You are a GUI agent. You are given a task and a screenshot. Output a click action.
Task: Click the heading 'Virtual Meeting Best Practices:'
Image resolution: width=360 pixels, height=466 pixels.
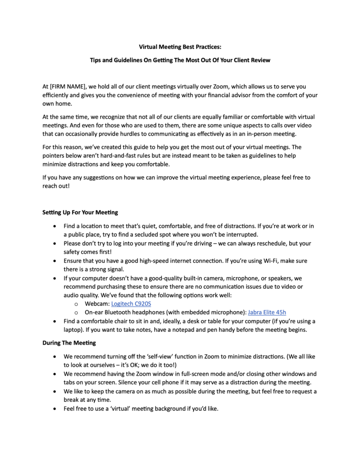[x=180, y=47]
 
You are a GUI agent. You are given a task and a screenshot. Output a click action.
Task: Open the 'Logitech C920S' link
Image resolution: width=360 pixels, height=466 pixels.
[x=131, y=304]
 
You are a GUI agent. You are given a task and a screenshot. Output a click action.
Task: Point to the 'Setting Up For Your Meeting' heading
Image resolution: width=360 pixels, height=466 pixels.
[x=80, y=212]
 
